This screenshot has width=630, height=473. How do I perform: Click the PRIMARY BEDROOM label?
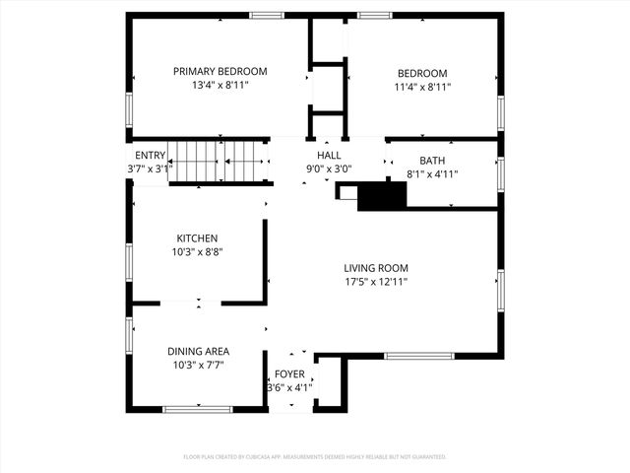[x=220, y=72]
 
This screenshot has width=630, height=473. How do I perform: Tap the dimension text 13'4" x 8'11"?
[x=220, y=86]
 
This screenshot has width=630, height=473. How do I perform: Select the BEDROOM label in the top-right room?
[x=421, y=73]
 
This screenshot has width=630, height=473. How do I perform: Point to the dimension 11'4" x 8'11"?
[x=421, y=87]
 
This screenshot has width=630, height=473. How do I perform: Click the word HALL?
[x=329, y=156]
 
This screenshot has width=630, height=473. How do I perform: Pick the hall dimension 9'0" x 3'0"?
[x=329, y=169]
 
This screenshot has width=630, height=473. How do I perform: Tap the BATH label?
[x=432, y=161]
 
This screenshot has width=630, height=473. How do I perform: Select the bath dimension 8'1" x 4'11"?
[x=432, y=174]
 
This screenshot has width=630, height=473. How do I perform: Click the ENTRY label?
[x=150, y=156]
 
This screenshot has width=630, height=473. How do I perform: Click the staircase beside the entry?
[x=219, y=161]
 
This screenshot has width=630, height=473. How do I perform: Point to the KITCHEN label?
[x=197, y=238]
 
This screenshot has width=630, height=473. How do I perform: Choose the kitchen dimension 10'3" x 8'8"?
[x=197, y=252]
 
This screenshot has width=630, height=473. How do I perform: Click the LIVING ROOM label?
[x=375, y=268]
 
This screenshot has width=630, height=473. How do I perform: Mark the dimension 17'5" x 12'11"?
[x=375, y=282]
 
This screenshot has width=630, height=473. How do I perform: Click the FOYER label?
[x=289, y=374]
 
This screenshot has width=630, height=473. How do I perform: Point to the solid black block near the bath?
[x=382, y=197]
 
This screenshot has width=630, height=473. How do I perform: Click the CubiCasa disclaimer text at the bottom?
[x=315, y=457]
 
